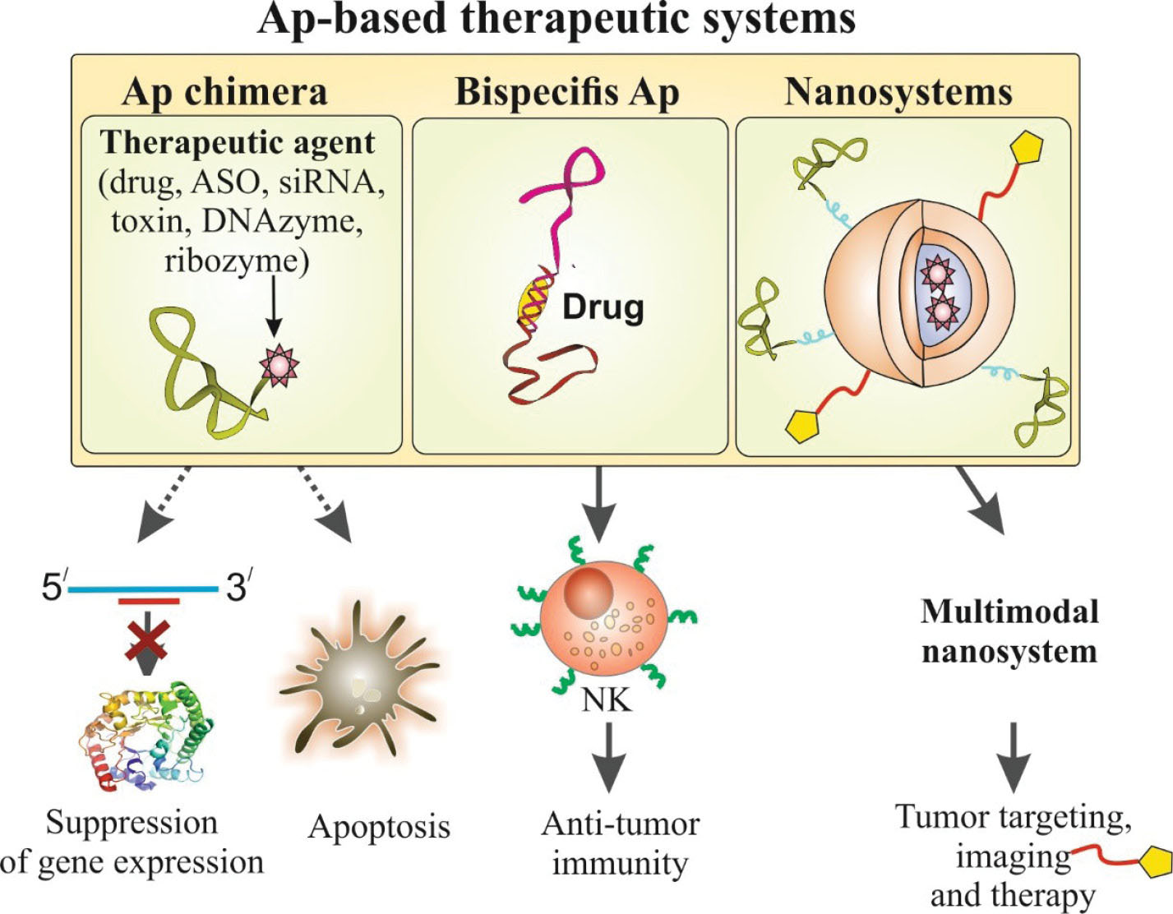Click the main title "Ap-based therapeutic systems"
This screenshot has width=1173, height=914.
tap(556, 20)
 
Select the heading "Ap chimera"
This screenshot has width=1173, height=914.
tap(224, 92)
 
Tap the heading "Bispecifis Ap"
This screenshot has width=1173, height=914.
tap(567, 92)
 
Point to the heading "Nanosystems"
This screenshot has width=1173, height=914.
tap(898, 92)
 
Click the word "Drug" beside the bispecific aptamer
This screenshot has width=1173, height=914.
tap(603, 307)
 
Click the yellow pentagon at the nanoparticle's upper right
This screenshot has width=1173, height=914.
tap(1028, 150)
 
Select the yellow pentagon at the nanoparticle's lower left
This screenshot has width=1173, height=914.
tap(804, 425)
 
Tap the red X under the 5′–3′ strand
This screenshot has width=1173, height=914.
tap(146, 640)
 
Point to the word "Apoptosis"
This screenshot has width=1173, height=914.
tap(379, 827)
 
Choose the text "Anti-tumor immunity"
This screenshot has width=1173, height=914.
tap(621, 843)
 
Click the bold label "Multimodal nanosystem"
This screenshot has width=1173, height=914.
tap(1009, 631)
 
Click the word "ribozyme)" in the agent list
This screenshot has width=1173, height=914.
tap(236, 261)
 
